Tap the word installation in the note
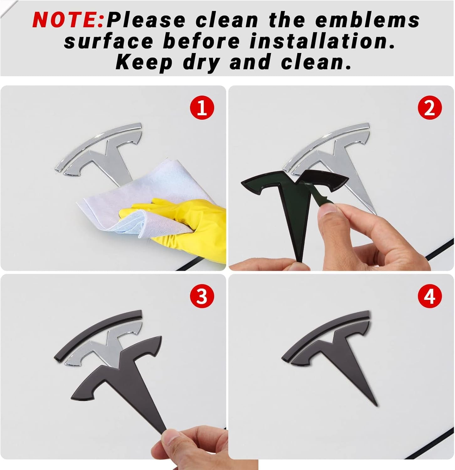(322, 41)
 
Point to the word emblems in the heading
(367, 20)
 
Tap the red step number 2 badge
(430, 108)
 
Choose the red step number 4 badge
(430, 296)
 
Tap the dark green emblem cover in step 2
(292, 201)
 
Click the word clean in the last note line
(316, 62)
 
